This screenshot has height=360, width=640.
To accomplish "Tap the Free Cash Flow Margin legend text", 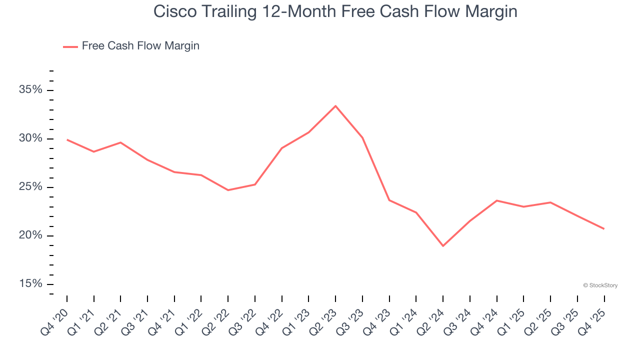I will (x=140, y=46).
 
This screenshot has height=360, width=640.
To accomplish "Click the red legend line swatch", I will (x=70, y=46).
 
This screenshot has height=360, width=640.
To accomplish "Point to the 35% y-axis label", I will (x=30, y=90).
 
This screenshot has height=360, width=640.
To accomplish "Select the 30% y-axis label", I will (x=30, y=138).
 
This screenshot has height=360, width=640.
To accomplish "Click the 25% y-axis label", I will (x=30, y=187).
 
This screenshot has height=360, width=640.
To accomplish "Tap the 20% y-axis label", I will (x=30, y=235).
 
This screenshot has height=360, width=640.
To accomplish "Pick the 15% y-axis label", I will (x=30, y=284).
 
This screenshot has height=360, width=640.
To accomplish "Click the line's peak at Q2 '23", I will (x=335, y=106).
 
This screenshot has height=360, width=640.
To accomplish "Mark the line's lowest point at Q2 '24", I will (x=443, y=246).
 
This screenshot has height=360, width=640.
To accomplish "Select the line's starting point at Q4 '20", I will (x=67, y=140).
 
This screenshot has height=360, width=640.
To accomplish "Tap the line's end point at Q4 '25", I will (x=604, y=229).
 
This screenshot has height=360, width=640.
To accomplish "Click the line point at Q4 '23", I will (x=389, y=200).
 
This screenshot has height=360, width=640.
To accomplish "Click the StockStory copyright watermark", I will (x=600, y=285).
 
